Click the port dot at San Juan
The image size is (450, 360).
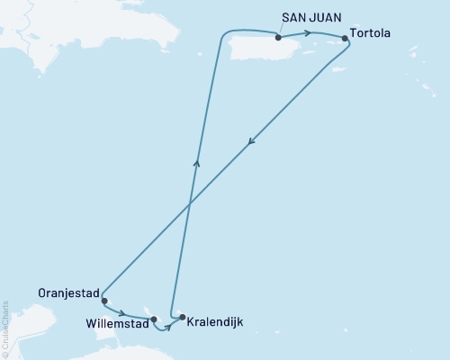point(279,38)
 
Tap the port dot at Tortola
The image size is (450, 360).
point(345,39)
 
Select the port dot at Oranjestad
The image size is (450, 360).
point(104,301)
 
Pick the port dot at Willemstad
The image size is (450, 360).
point(154,319)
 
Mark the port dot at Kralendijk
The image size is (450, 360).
point(183,317)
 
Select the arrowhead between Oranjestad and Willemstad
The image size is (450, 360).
point(123,314)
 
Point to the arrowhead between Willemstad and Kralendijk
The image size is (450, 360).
point(168,326)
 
